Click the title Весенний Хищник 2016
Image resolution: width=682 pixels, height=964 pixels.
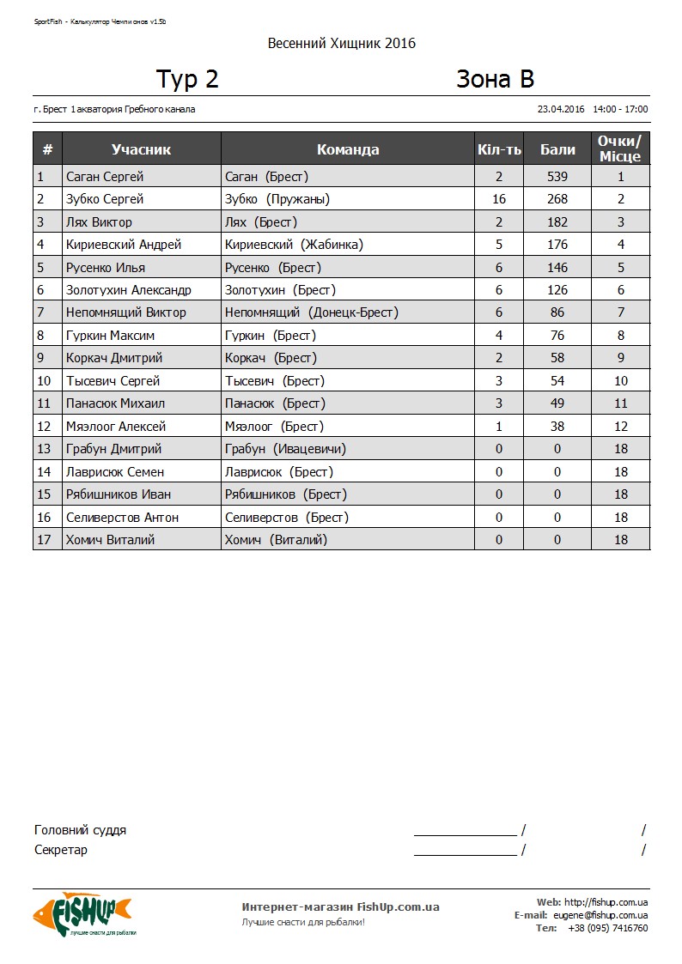(x=341, y=43)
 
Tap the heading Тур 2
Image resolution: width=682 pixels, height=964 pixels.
(x=187, y=79)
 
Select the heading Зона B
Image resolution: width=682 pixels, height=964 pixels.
(x=495, y=79)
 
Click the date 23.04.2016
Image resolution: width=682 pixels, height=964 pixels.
(x=561, y=109)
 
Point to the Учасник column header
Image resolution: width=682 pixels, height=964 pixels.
(x=141, y=149)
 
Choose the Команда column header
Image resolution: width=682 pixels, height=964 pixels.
(x=348, y=149)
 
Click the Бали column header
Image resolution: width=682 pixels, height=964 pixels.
(x=557, y=149)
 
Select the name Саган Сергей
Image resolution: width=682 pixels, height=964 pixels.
(x=105, y=177)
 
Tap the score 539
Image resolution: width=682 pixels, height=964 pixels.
(x=557, y=177)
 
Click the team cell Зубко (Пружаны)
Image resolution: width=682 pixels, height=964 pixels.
(x=277, y=199)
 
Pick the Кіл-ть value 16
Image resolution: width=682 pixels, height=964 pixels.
(x=499, y=199)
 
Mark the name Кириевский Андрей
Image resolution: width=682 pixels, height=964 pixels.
(x=124, y=245)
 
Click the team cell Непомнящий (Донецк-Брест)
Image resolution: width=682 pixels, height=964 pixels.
(x=311, y=312)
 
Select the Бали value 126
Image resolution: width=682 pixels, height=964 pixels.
(x=557, y=290)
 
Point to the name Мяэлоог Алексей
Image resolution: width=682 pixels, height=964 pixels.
(x=116, y=427)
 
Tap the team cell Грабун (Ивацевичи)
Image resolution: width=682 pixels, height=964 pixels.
(x=285, y=449)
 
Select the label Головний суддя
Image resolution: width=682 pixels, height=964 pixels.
(x=80, y=830)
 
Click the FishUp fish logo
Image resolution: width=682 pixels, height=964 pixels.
(x=82, y=914)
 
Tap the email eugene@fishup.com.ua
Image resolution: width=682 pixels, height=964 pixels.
(x=600, y=915)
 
